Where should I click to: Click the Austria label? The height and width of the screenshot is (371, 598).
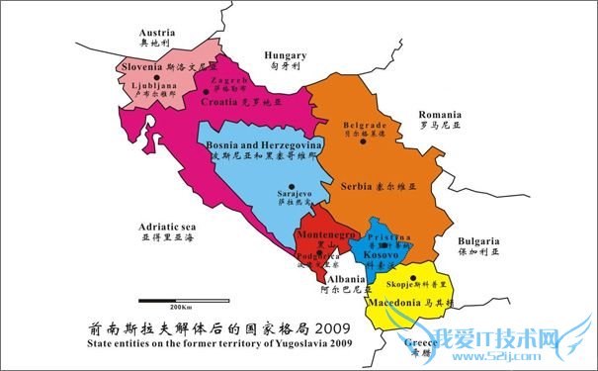point(157,32)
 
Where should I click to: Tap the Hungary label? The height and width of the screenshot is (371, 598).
point(287,56)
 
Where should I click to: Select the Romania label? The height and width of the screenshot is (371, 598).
point(440,115)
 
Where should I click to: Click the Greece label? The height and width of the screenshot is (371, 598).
point(422,342)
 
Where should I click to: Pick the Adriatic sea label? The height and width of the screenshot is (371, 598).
point(168,227)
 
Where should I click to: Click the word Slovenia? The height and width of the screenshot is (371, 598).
point(142,67)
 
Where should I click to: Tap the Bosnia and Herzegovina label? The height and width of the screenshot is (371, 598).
point(263,144)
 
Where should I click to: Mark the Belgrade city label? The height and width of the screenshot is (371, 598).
point(363,126)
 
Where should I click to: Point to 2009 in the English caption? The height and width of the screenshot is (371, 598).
point(335,345)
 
